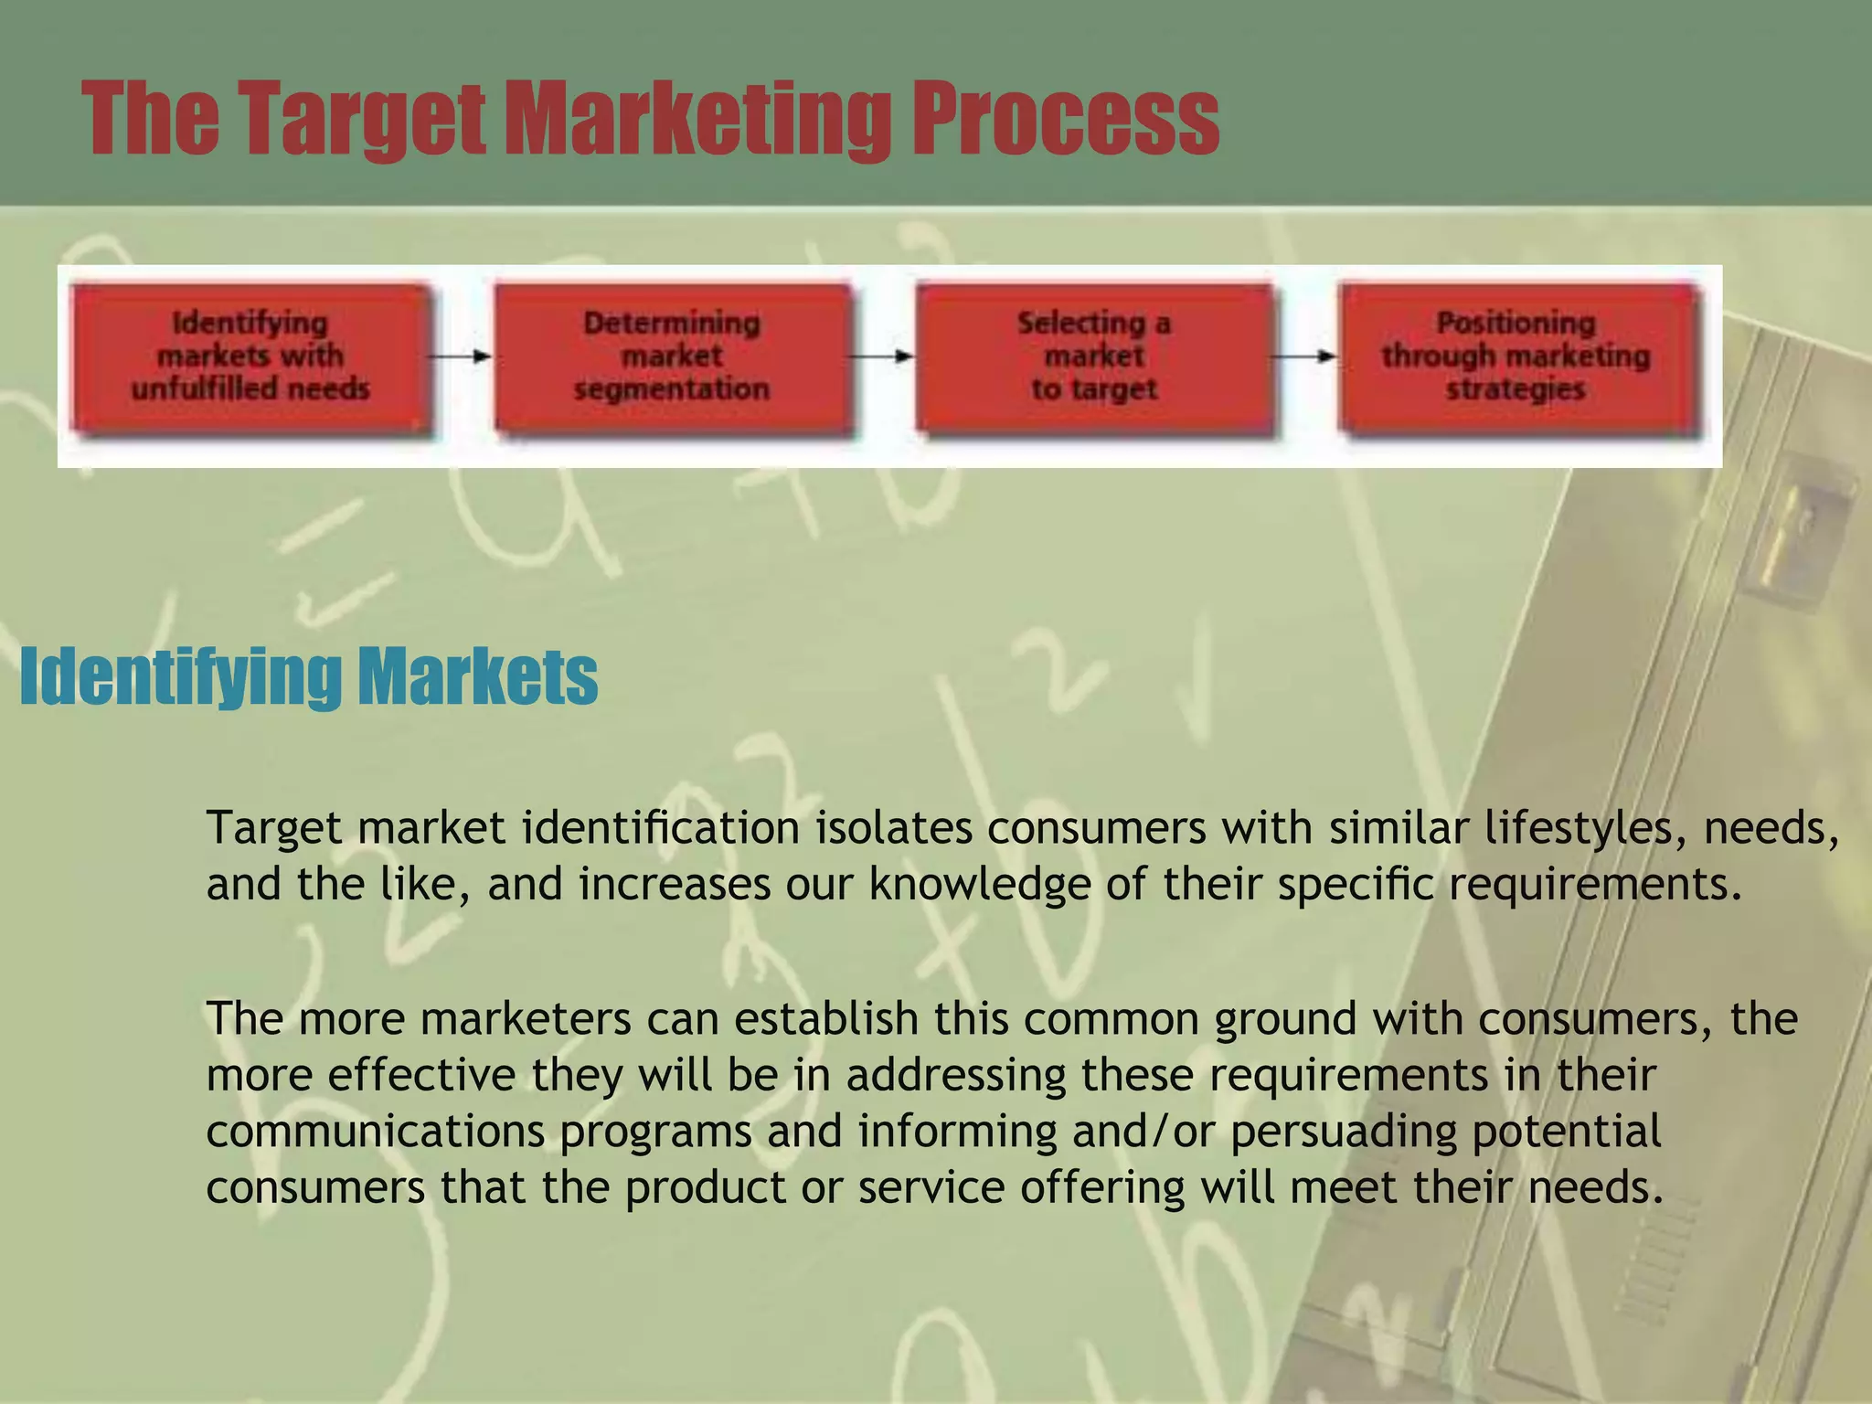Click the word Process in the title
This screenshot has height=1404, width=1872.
tap(1064, 119)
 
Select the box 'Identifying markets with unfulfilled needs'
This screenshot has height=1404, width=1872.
tap(250, 356)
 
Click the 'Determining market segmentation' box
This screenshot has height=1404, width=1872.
tap(672, 356)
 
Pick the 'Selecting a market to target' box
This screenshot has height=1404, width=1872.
tap(1094, 356)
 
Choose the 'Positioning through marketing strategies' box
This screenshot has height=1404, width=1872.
tap(1516, 356)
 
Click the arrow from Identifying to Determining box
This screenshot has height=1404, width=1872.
tap(461, 356)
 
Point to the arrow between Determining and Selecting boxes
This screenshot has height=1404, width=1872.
tap(882, 356)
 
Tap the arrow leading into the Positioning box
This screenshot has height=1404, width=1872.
tap(1304, 356)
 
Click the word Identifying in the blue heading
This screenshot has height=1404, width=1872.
tap(178, 676)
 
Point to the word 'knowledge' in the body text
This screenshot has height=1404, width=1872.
tap(979, 885)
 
